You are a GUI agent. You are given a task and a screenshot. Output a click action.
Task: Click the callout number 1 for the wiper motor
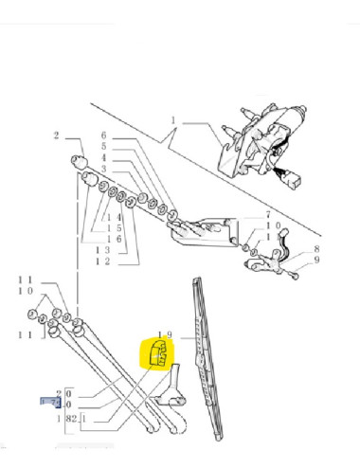pos(174,119)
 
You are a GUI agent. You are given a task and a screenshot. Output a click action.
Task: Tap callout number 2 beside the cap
pos(57,135)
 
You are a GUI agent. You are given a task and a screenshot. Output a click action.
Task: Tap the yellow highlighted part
pos(156,355)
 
